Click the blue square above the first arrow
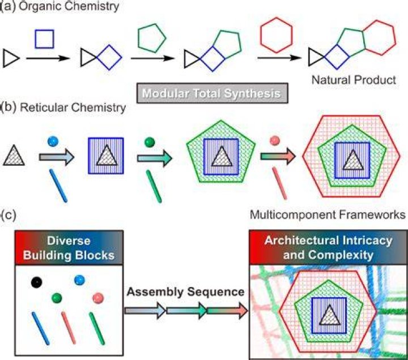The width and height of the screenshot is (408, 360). point(45,31)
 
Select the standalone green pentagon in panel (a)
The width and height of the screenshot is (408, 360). point(152,24)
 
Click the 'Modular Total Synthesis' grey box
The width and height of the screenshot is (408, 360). point(212,93)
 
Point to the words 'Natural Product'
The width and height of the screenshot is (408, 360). point(354,80)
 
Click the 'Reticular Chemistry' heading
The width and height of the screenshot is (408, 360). point(73,108)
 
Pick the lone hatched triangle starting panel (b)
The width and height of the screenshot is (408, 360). point(14,156)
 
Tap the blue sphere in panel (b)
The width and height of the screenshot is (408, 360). point(53,142)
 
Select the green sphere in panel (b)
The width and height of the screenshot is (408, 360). point(150,142)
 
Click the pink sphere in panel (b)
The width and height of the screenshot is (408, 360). point(275,140)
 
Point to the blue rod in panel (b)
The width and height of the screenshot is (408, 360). point(58,186)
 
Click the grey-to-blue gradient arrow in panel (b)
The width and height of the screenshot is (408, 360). point(57,157)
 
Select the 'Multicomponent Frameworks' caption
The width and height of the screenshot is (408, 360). point(328,215)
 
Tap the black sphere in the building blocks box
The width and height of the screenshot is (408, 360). point(36,282)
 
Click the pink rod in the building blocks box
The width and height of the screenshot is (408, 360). point(69,328)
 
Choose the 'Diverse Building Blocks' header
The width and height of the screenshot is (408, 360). point(69,248)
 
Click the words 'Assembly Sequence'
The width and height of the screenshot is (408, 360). point(185,292)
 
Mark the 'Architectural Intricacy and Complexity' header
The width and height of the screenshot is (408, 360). point(328,247)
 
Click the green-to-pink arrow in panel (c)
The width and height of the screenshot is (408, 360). point(227,310)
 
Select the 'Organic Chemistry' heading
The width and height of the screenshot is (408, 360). point(69,6)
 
